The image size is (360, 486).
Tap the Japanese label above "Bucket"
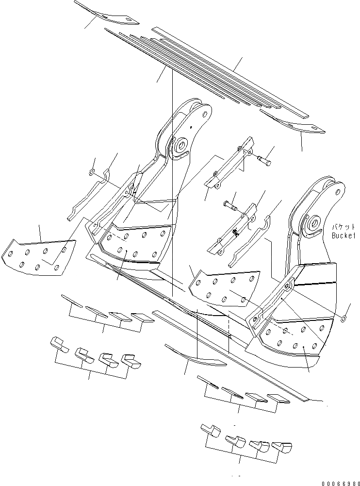point(344,227)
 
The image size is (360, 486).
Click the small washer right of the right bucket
point(344,318)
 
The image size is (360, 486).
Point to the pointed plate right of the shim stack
point(294,121)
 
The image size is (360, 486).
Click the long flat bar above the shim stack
point(228,72)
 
